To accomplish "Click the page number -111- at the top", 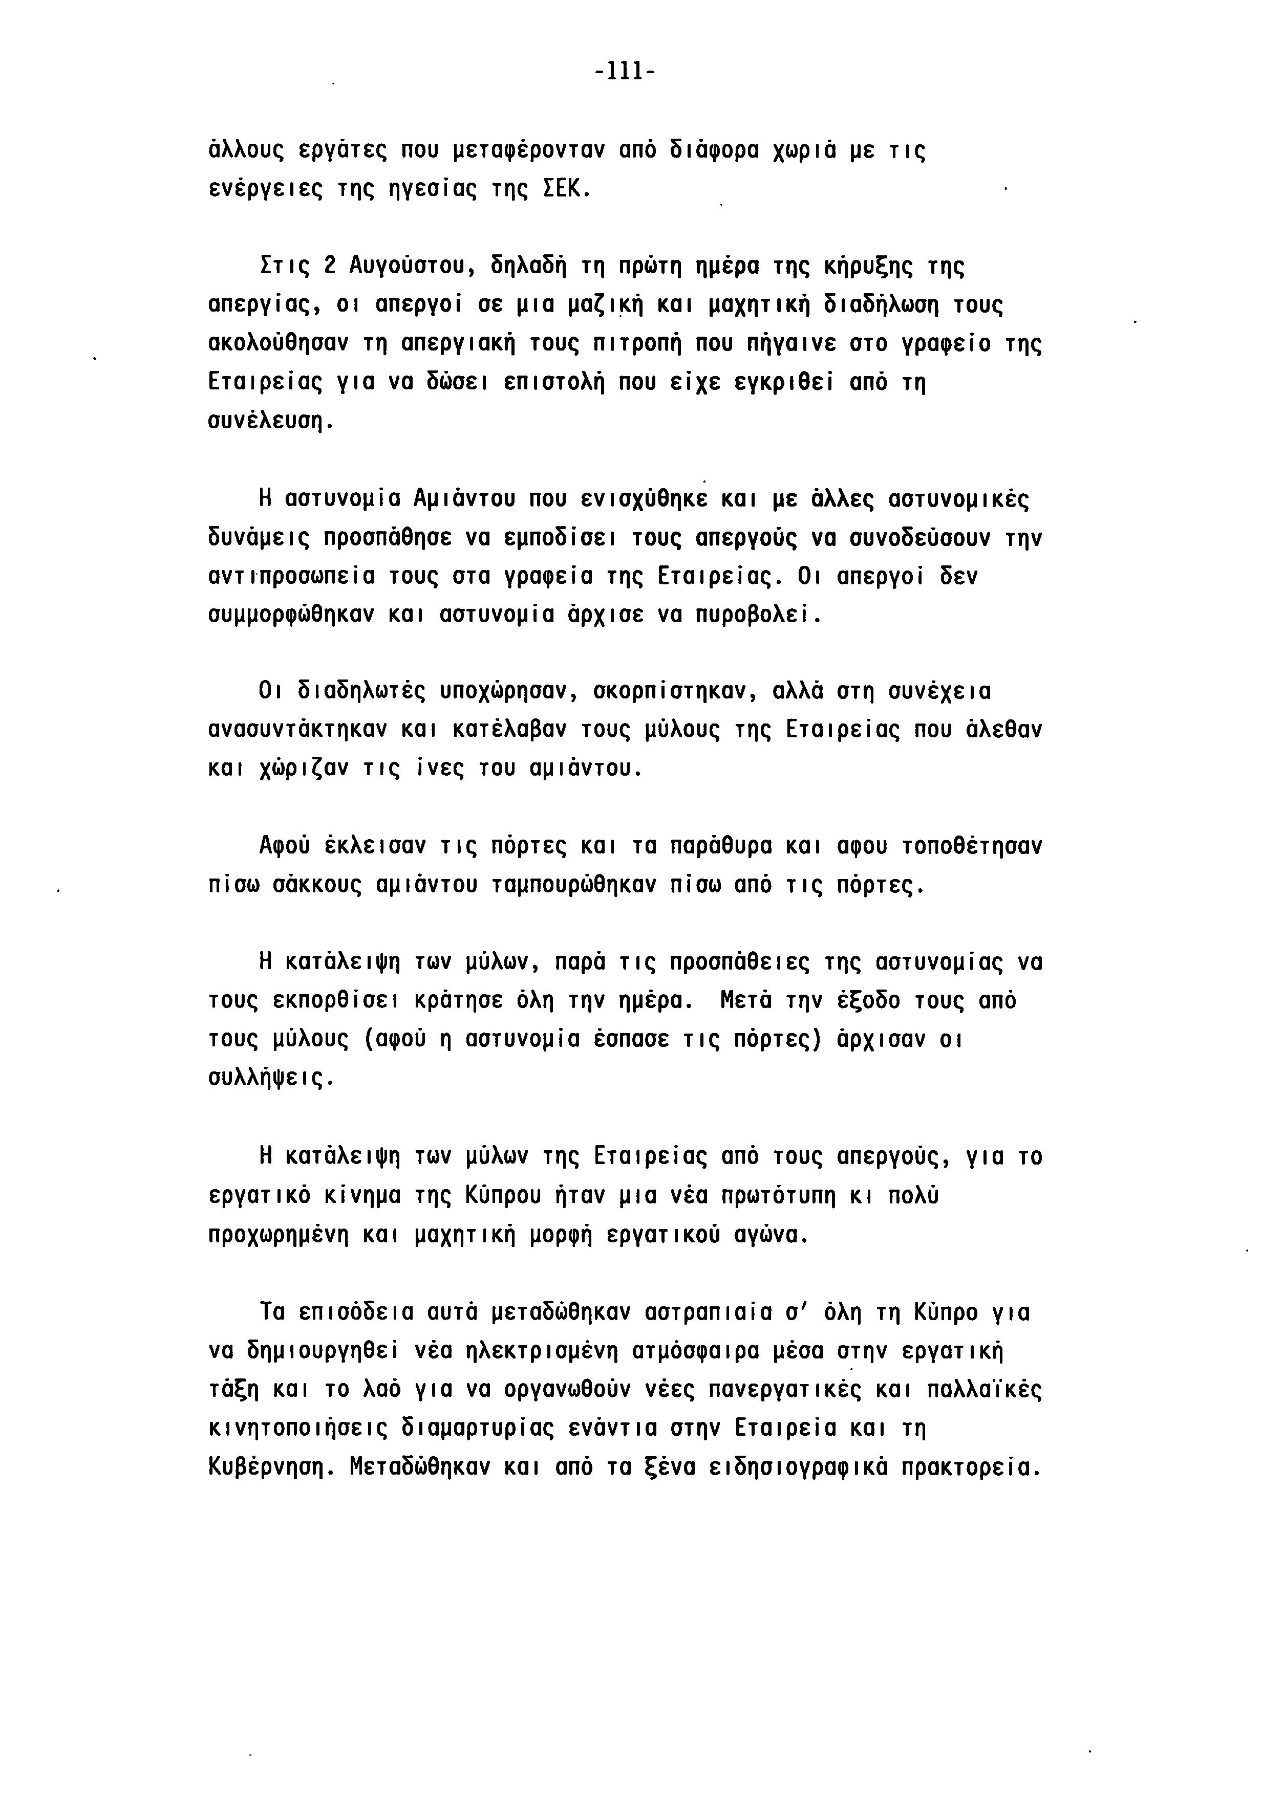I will (624, 73).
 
